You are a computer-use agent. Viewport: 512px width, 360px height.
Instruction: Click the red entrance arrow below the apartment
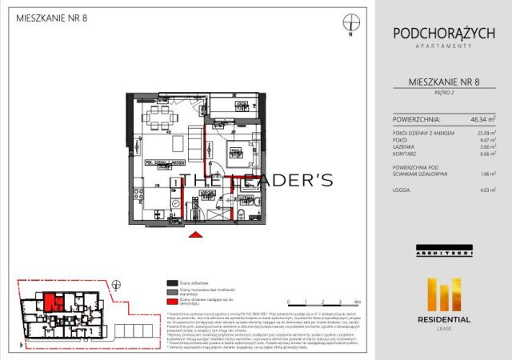[x=193, y=235]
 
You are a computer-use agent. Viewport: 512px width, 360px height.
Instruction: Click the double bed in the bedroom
[x=239, y=151]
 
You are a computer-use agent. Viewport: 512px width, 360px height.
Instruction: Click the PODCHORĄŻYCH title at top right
[x=443, y=33]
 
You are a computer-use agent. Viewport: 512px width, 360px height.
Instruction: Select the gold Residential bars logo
[x=443, y=294]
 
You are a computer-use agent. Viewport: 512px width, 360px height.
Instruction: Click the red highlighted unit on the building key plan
[x=52, y=303]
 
